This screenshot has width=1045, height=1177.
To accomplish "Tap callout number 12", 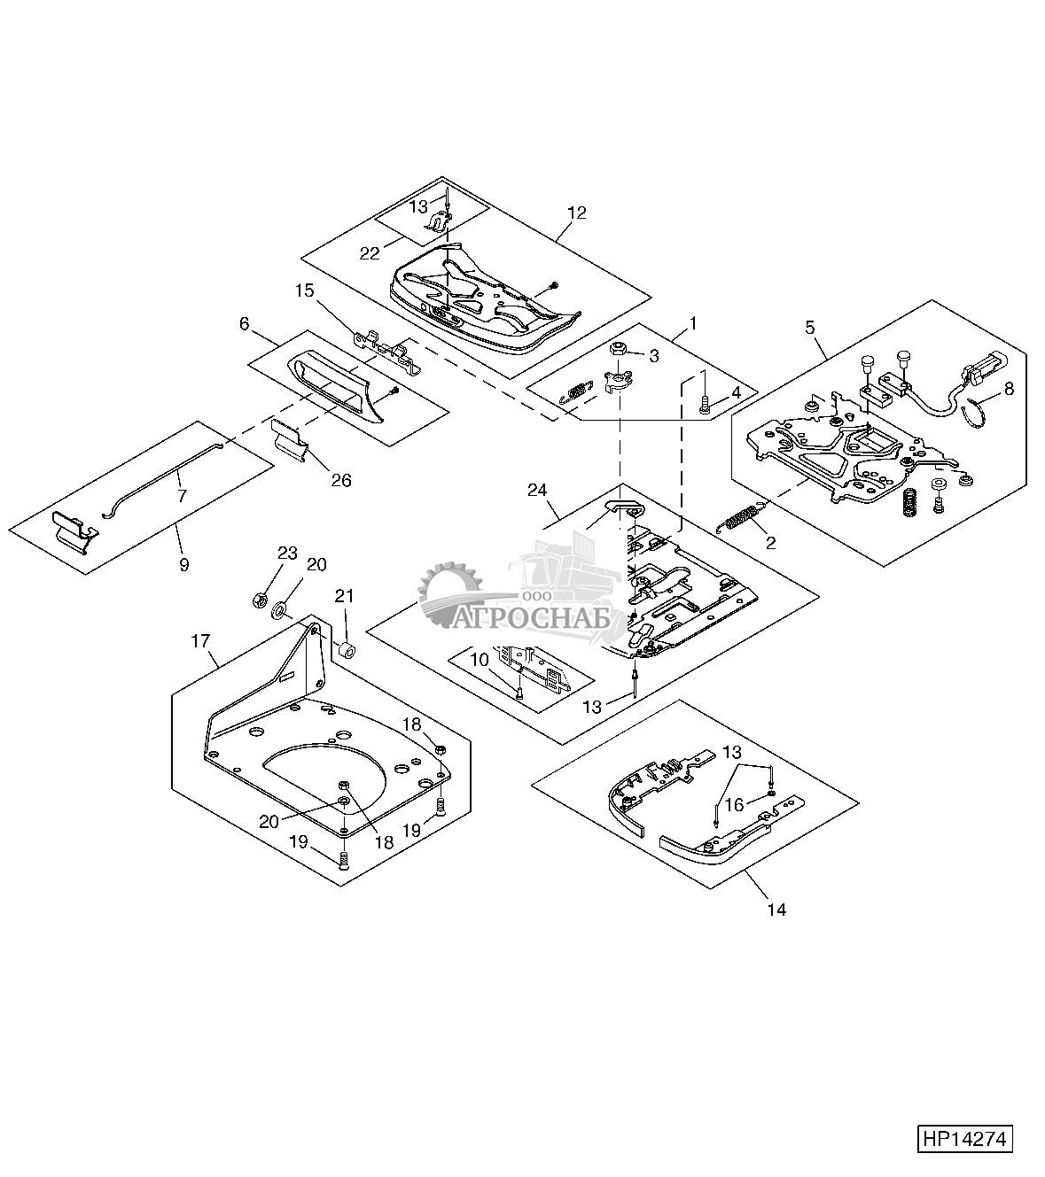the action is click(577, 213).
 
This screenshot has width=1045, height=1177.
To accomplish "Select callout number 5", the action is click(810, 328).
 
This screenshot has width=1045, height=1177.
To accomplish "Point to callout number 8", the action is click(1009, 388).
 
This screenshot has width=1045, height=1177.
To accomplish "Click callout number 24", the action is click(537, 491).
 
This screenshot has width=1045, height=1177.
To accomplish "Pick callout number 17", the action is click(200, 641).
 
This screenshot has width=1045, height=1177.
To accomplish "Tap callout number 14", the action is click(777, 910).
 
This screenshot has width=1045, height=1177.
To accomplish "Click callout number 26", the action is click(341, 480).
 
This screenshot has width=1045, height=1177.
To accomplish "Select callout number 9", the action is click(184, 564).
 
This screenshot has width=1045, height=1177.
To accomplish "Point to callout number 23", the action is click(287, 553).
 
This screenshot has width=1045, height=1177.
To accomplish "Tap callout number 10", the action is click(480, 660).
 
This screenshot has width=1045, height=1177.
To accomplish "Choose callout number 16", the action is click(735, 806).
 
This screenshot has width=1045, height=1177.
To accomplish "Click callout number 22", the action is click(370, 253).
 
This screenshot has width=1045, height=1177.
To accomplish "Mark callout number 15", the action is click(305, 290).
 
